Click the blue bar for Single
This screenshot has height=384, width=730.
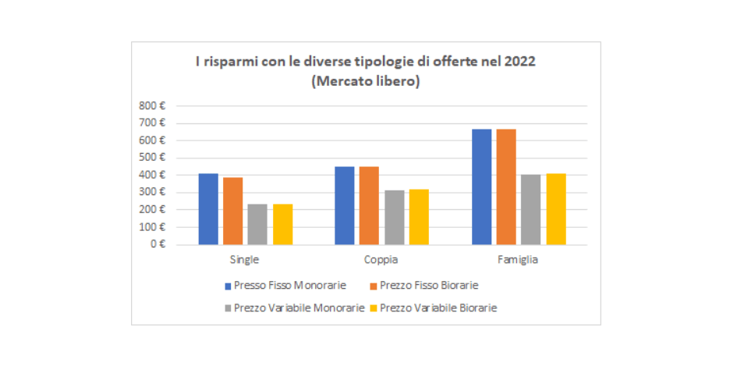[208, 209]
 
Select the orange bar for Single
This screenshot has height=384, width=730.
[232, 211]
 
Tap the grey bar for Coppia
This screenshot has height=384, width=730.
[394, 218]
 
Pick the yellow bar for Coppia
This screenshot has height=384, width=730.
[419, 217]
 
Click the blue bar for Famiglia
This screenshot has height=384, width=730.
[481, 187]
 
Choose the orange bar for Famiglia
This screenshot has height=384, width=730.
[506, 187]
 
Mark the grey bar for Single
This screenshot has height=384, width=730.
[257, 225]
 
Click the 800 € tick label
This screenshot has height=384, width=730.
[153, 105]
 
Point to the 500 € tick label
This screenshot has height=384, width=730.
[153, 158]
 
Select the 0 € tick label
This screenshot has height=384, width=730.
[158, 244]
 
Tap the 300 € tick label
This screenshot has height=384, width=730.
[153, 192]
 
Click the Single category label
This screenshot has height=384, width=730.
[244, 260]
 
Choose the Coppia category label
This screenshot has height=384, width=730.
[381, 260]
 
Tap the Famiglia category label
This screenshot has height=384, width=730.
[518, 260]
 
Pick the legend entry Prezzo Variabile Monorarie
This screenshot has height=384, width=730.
[299, 308]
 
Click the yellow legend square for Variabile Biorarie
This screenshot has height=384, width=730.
[374, 308]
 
